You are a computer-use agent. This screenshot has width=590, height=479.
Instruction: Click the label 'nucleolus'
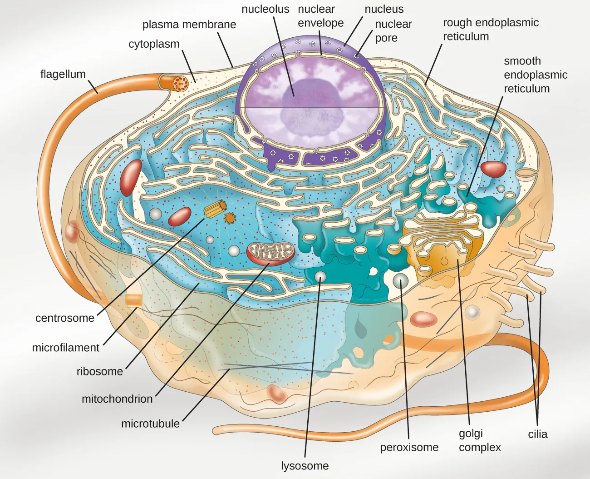click(265, 9)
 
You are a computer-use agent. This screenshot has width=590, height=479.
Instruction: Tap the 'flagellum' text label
click(63, 74)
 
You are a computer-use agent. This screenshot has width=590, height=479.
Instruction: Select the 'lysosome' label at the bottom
click(305, 466)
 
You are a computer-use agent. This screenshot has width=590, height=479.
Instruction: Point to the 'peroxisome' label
click(409, 447)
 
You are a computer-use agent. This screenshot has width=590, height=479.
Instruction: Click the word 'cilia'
click(537, 434)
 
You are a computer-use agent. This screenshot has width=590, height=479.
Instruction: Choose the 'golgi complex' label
click(479, 440)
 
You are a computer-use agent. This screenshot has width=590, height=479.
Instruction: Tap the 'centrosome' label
click(64, 318)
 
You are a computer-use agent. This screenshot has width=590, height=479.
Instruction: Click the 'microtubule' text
click(150, 424)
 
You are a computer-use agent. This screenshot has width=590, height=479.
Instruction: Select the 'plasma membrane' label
click(189, 25)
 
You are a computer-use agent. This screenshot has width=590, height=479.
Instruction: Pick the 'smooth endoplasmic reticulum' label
click(535, 75)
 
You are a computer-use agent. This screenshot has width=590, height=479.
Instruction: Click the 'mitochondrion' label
click(117, 399)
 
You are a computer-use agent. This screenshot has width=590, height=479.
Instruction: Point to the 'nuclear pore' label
click(393, 31)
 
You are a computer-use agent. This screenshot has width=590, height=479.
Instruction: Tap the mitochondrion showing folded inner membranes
click(270, 253)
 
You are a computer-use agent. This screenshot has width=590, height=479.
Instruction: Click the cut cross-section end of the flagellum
click(181, 83)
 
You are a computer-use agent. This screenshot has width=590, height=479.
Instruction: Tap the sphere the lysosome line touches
click(320, 276)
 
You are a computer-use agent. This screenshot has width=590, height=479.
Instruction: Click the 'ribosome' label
click(99, 371)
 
